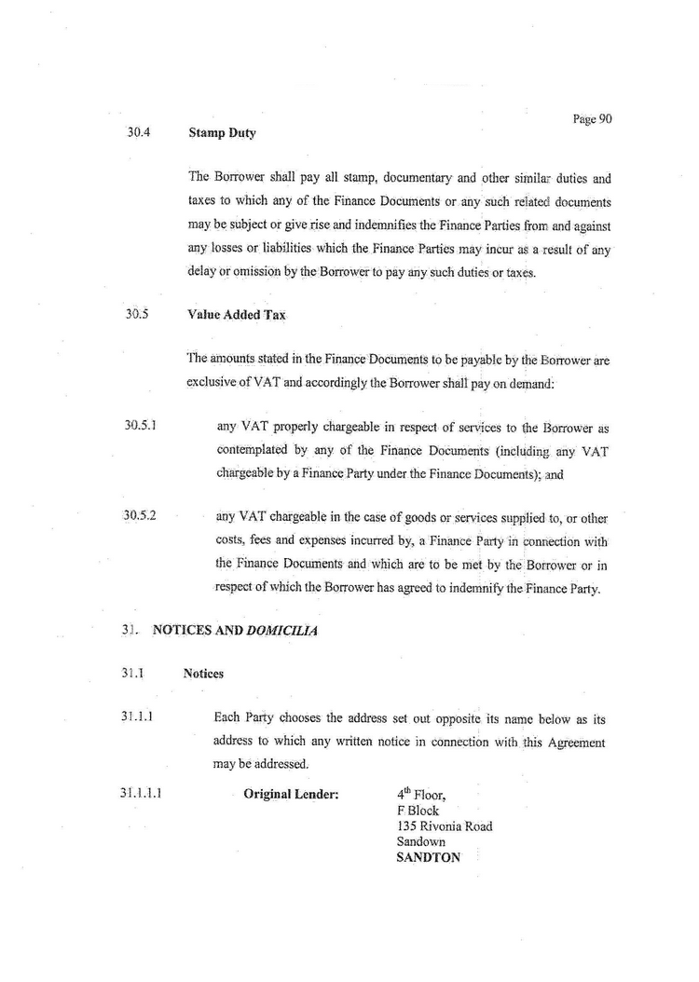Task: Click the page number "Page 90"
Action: (592, 118)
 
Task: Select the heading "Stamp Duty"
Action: (222, 133)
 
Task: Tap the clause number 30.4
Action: (138, 131)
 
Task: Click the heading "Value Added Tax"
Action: (236, 315)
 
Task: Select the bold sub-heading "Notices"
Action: (203, 674)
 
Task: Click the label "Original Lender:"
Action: (291, 795)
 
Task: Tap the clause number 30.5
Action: (137, 314)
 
